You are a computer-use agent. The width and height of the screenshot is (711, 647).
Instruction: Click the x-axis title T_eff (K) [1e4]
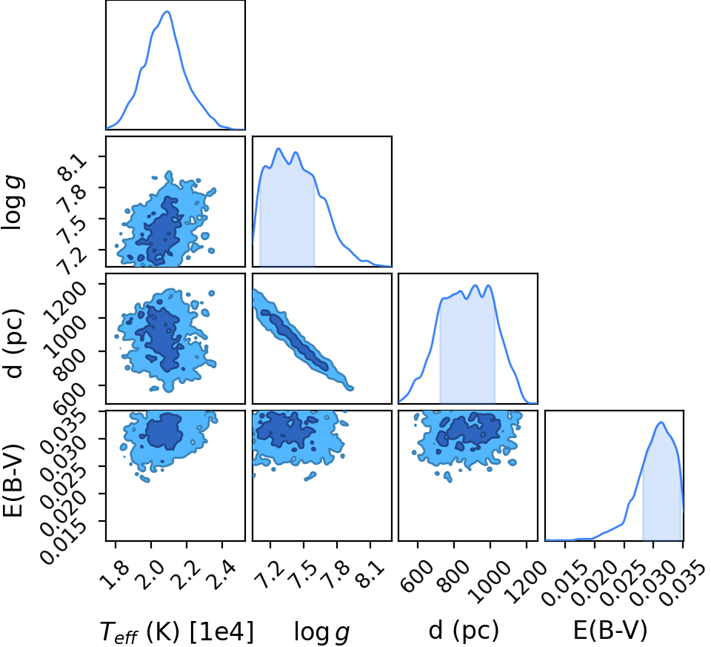click(176, 631)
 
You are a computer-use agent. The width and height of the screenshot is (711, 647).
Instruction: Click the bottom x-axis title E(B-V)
click(610, 630)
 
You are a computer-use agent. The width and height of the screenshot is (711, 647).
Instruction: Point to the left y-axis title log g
click(13, 203)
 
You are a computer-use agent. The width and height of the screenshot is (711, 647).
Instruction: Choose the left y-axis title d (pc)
click(13, 343)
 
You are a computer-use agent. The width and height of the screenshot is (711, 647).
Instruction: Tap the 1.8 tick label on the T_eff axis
click(114, 574)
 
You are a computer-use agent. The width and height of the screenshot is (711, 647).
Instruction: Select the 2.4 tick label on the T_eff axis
click(221, 574)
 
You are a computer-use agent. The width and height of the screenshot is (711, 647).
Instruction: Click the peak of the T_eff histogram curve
click(167, 11)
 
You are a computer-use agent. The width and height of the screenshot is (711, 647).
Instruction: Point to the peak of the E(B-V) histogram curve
click(661, 422)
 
